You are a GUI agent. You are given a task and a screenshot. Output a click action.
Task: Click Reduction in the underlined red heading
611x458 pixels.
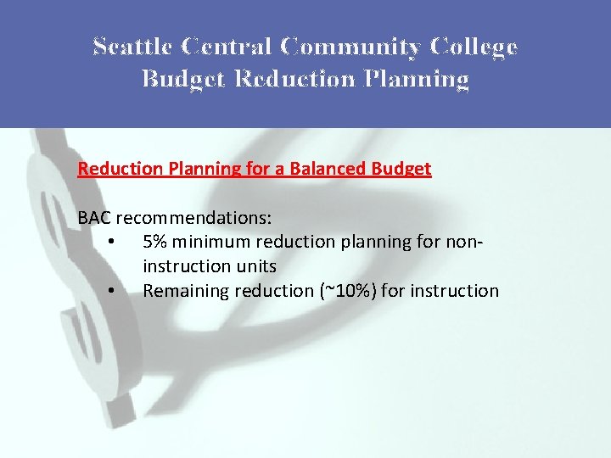click(x=114, y=168)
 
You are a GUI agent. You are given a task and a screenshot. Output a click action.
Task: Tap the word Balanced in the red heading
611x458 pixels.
click(x=328, y=168)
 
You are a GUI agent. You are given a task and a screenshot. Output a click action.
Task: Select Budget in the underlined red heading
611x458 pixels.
click(x=401, y=168)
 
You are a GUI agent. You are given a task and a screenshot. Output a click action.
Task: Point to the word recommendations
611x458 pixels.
click(x=193, y=218)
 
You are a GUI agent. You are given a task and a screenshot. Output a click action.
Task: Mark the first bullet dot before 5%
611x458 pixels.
click(x=112, y=243)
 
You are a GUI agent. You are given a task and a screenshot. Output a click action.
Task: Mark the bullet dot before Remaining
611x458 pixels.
click(x=112, y=291)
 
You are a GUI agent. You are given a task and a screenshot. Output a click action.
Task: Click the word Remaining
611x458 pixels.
click(x=181, y=291)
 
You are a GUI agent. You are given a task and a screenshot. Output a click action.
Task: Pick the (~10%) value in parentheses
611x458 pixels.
click(x=347, y=291)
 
